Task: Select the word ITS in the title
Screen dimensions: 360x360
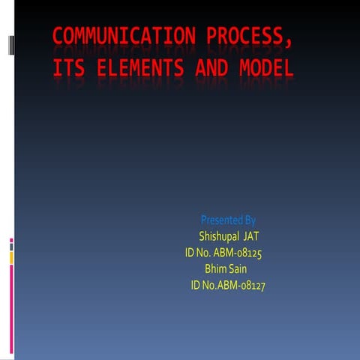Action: (x=67, y=69)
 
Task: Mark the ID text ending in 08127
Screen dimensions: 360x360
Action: (x=229, y=285)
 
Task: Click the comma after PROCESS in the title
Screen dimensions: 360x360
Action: (x=288, y=41)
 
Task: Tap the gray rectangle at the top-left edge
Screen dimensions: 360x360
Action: (x=10, y=45)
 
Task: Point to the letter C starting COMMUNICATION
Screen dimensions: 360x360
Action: (x=58, y=36)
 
